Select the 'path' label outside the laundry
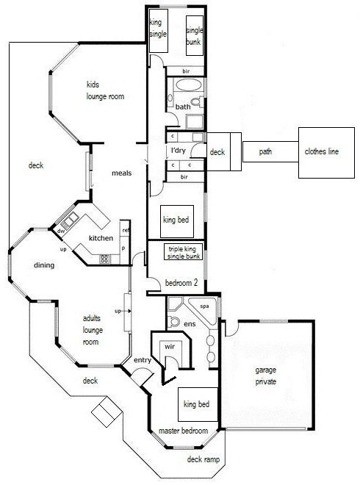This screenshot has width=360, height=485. (265, 152)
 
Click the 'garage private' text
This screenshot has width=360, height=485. (265, 376)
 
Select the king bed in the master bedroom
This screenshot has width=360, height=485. (196, 404)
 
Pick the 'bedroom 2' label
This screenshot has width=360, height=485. (181, 282)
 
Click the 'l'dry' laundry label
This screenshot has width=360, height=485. (179, 151)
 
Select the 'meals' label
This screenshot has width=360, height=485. (121, 173)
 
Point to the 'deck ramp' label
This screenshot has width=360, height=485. (204, 459)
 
